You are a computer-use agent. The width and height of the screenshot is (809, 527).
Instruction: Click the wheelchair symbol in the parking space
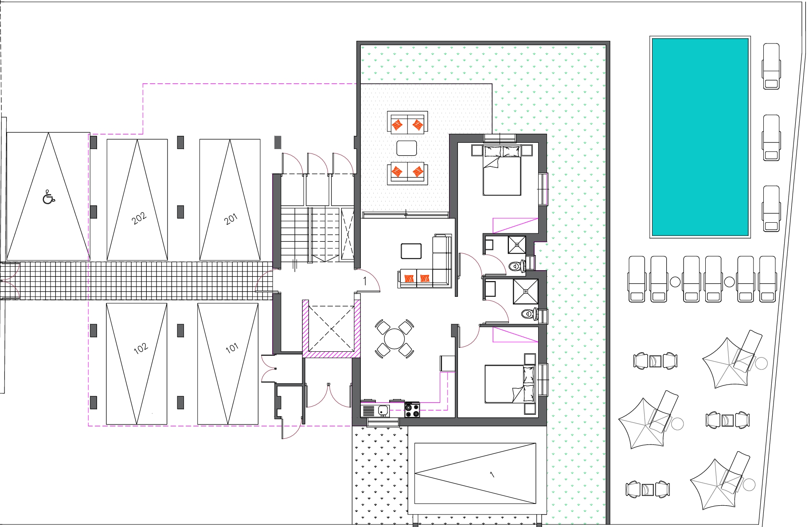pos(49,197)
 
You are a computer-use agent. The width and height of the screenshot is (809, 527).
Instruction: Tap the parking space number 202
pos(139,218)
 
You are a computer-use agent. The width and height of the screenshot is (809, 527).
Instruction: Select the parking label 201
pos(231,219)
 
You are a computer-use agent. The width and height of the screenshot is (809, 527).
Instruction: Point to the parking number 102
pos(141,348)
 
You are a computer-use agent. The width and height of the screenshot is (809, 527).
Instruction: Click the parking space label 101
pos(232,347)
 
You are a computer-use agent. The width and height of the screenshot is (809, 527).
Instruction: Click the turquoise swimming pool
pos(700,137)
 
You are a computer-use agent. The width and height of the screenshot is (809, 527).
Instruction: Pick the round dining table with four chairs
pos(394,339)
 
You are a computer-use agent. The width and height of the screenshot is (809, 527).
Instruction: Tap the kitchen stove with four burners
pos(412,409)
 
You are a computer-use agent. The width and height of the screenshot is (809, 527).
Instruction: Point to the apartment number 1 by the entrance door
pos(365,281)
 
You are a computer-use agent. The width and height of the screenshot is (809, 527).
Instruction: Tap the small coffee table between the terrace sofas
pos(406,148)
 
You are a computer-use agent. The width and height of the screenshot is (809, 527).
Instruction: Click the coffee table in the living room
pos(411,251)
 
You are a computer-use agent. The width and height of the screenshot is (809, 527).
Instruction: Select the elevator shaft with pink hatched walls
pos(331,329)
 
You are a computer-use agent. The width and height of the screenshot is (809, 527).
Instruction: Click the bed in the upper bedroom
pos(502,170)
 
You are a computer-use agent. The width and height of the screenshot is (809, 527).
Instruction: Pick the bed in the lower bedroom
pos(510,384)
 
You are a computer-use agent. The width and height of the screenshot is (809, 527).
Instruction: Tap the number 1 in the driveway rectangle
pos(492,475)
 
